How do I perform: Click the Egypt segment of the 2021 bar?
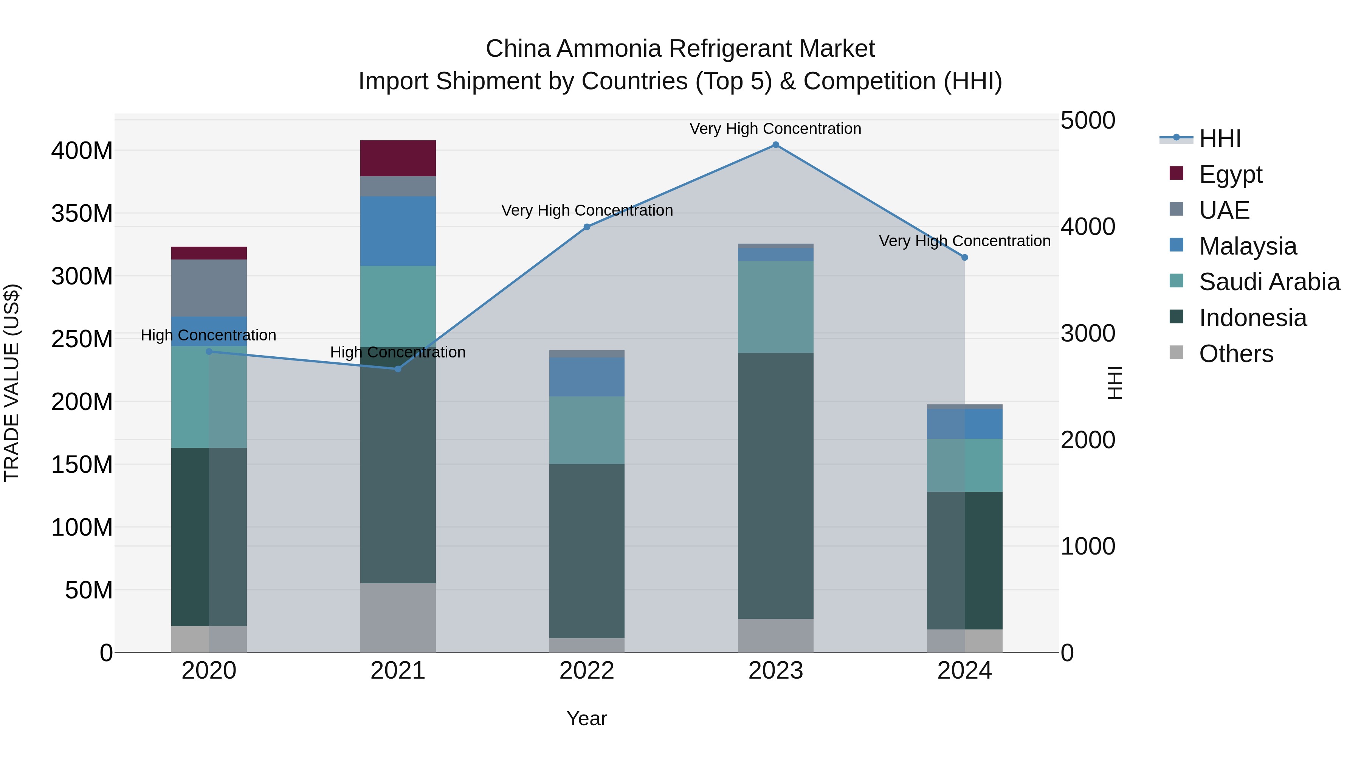tap(398, 158)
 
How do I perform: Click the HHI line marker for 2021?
tap(398, 369)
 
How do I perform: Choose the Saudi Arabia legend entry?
tap(1268, 282)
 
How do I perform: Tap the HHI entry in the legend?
tap(1219, 138)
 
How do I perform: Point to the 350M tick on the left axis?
tap(82, 214)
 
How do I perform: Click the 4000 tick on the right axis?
tap(1087, 227)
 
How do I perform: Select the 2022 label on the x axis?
tap(586, 671)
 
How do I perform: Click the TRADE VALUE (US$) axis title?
tap(12, 383)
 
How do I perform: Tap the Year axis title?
tap(586, 718)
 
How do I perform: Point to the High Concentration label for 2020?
tap(208, 335)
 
